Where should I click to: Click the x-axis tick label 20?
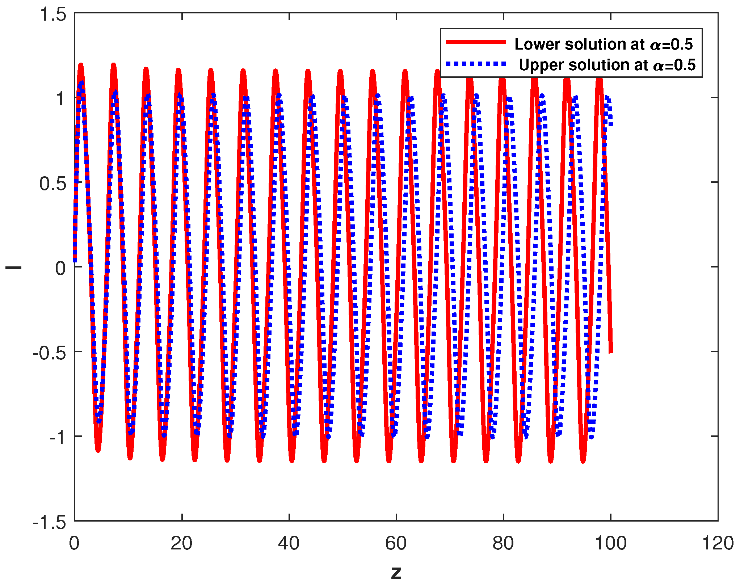(181, 543)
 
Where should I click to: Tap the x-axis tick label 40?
(289, 543)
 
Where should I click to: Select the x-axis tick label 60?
(396, 543)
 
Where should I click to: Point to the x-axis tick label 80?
(503, 543)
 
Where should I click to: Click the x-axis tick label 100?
(610, 543)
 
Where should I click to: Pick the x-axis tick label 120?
(718, 543)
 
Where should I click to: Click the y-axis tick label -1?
(57, 437)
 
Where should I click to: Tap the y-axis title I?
(13, 268)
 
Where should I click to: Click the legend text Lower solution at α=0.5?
(603, 44)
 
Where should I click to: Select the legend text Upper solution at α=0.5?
(607, 65)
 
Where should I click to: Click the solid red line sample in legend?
(476, 42)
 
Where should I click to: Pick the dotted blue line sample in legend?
(476, 64)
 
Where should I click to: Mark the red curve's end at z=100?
(611, 351)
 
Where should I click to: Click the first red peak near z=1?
(80, 65)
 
